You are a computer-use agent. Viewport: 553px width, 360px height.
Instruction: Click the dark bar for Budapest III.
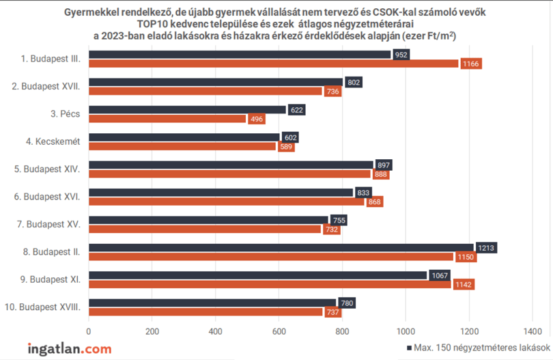pyautogui.click(x=240, y=55)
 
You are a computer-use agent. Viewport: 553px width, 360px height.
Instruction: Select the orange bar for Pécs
pyautogui.click(x=167, y=119)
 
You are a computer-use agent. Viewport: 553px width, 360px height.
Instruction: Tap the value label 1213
pyautogui.click(x=486, y=248)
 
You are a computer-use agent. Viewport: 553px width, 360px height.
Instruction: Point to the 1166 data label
pyautogui.click(x=471, y=64)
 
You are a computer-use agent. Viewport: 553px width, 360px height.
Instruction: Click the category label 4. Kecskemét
pyautogui.click(x=53, y=141)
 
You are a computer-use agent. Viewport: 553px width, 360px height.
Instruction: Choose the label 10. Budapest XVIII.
pyautogui.click(x=42, y=307)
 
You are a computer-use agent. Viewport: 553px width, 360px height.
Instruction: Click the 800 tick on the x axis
pyautogui.click(x=342, y=331)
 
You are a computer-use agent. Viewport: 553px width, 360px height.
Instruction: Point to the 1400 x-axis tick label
pyautogui.click(x=533, y=331)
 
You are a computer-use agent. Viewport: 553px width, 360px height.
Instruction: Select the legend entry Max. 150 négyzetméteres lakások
pyautogui.click(x=478, y=348)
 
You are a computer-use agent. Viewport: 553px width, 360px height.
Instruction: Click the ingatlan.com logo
pyautogui.click(x=70, y=348)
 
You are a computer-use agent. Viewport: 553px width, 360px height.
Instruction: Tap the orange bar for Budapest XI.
pyautogui.click(x=270, y=284)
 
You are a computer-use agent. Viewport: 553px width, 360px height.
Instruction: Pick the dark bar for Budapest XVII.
pyautogui.click(x=216, y=82)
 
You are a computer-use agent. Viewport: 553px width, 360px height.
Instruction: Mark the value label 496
pyautogui.click(x=257, y=119)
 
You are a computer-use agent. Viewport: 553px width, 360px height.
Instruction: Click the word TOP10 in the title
pyautogui.click(x=152, y=24)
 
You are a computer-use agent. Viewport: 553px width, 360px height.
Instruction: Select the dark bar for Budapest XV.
pyautogui.click(x=208, y=220)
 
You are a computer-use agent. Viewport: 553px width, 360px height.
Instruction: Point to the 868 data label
pyautogui.click(x=375, y=202)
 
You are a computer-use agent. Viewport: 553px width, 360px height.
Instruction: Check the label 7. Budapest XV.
pyautogui.click(x=48, y=225)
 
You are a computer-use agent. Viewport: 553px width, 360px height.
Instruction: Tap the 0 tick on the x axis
pyautogui.click(x=89, y=331)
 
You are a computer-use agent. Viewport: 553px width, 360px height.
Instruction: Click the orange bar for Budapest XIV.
pyautogui.click(x=229, y=174)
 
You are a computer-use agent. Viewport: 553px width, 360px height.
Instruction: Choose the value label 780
pyautogui.click(x=347, y=303)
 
